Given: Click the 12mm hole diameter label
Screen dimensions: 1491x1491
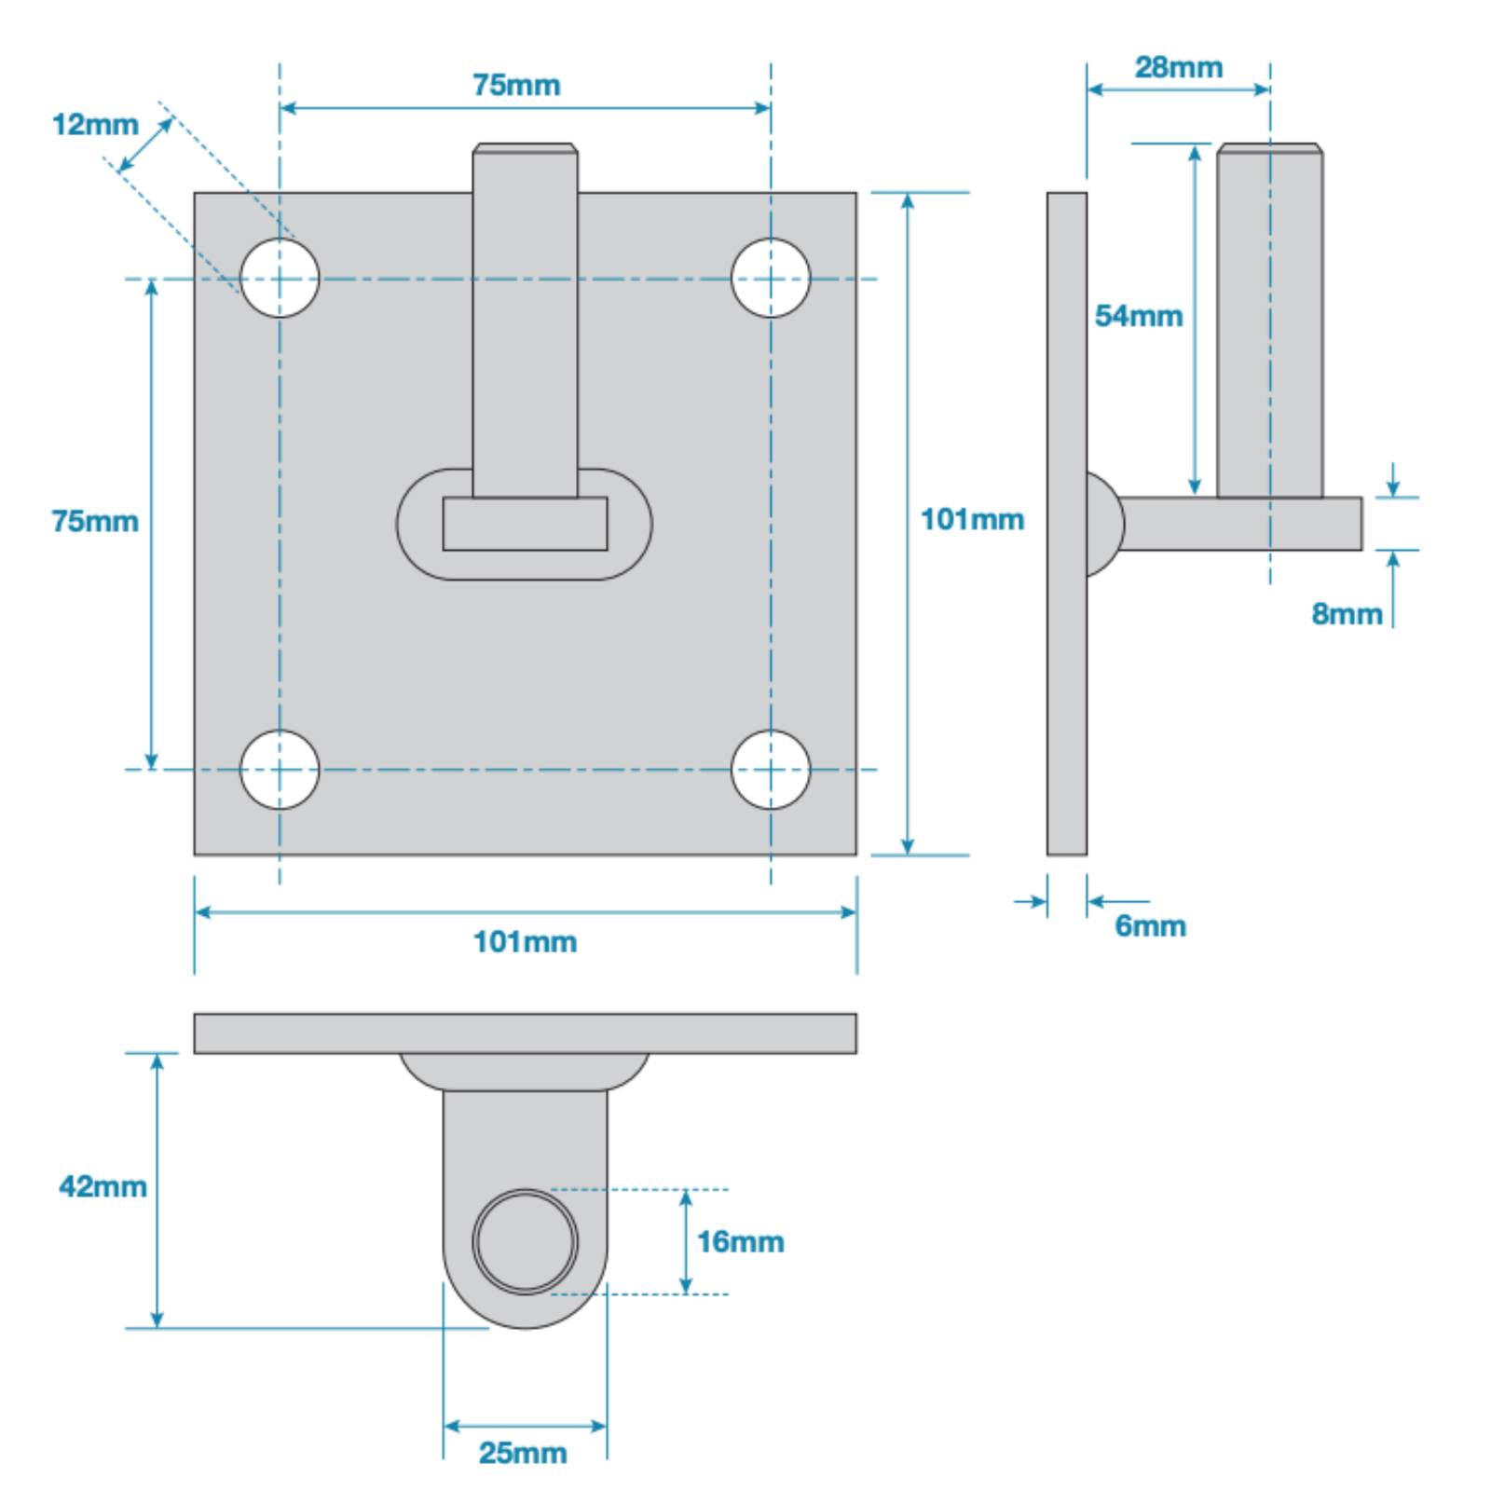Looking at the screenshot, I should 95,124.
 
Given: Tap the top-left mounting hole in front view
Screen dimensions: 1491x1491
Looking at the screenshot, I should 280,278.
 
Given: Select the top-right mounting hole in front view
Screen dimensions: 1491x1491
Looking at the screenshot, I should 771,278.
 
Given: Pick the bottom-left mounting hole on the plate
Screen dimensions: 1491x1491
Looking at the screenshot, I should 280,770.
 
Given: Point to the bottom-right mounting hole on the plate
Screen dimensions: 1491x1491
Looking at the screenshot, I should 771,770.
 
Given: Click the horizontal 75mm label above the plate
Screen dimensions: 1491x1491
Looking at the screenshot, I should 516,85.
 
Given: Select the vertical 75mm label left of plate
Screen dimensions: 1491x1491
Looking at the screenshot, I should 95,521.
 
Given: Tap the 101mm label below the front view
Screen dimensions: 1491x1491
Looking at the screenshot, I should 525,941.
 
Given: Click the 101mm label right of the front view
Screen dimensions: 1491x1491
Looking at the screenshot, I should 972,519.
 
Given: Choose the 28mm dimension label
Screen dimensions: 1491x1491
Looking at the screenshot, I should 1178,67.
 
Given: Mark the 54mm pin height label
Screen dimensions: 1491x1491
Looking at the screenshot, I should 1138,316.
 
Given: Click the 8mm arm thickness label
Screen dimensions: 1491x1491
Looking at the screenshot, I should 1346,613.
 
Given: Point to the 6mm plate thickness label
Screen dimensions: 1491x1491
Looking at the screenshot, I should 1150,925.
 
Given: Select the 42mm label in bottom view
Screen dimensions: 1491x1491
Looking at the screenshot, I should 103,1186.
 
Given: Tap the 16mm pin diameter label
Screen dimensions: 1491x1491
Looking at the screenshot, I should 740,1241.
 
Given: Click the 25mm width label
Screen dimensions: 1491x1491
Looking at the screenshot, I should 523,1452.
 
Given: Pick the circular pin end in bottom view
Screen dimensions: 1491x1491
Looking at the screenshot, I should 525,1241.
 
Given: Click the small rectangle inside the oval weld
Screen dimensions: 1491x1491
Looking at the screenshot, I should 525,524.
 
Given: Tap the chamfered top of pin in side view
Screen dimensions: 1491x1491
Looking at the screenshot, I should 1269,148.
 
